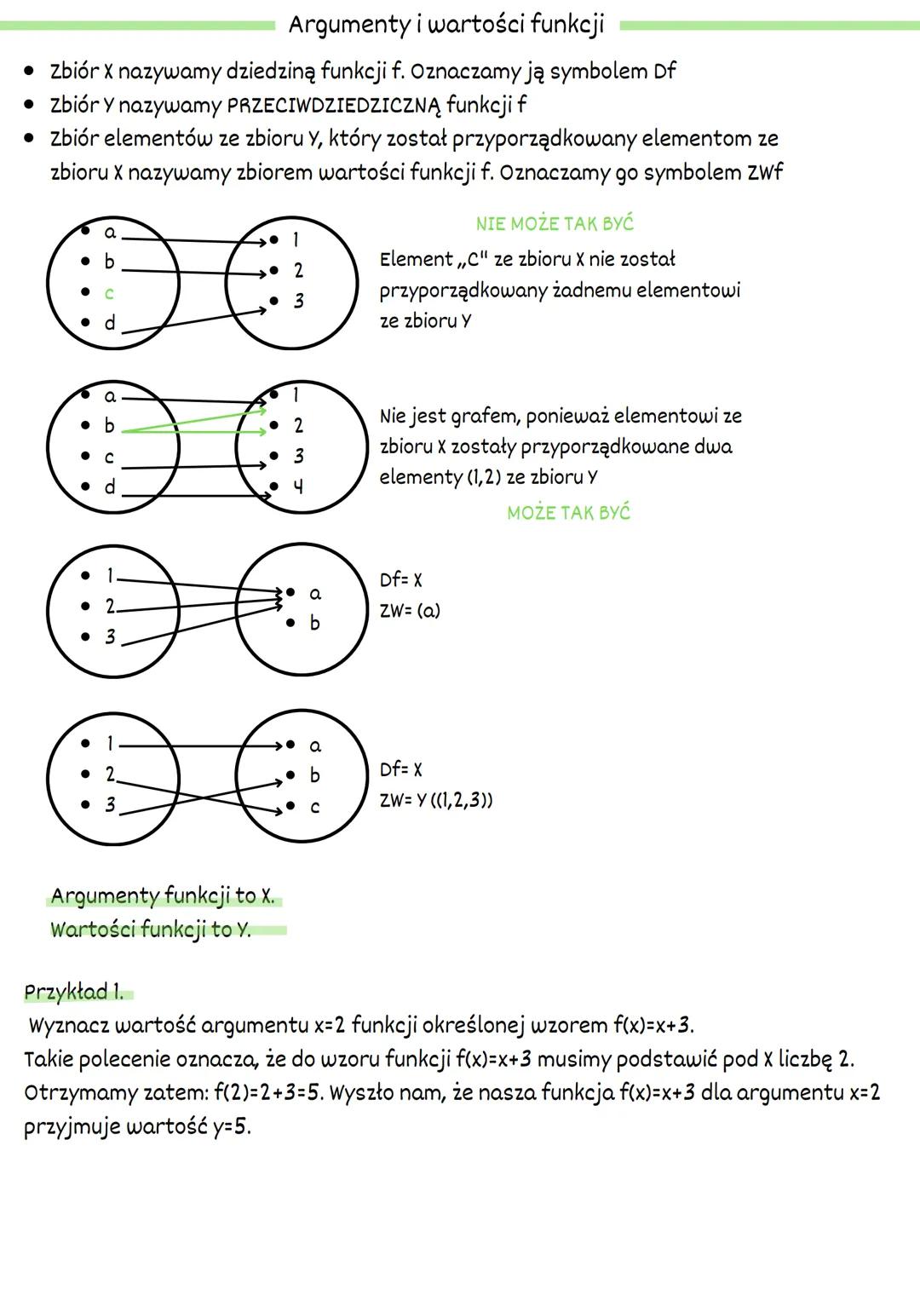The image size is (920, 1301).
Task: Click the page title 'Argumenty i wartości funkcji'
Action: click(x=446, y=25)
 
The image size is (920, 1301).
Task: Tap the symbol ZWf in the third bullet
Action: click(x=765, y=173)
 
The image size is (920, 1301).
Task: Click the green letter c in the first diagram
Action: click(x=109, y=293)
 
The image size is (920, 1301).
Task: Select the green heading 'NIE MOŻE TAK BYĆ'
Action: click(x=555, y=224)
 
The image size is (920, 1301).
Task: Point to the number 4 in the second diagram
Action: click(x=298, y=487)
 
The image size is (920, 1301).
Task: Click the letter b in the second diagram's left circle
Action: click(x=109, y=425)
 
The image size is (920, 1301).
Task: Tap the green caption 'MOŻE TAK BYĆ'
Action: click(x=568, y=513)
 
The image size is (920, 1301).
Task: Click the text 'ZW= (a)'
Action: click(x=410, y=611)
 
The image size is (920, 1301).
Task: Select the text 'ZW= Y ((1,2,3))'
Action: click(x=436, y=801)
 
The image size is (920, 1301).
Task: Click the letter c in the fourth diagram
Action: click(x=315, y=807)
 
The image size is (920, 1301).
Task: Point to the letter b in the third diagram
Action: click(x=314, y=624)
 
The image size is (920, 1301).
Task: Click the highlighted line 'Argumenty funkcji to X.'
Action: click(x=163, y=896)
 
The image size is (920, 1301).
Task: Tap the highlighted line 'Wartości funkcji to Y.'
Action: click(x=151, y=930)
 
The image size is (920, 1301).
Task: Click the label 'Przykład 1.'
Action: click(x=74, y=993)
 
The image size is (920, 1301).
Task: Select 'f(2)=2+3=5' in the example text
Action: click(x=267, y=1093)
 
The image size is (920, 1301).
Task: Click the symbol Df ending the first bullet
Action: click(x=664, y=72)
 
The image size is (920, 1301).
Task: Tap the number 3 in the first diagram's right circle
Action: click(x=298, y=302)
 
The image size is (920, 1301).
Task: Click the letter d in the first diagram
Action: click(x=110, y=324)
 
